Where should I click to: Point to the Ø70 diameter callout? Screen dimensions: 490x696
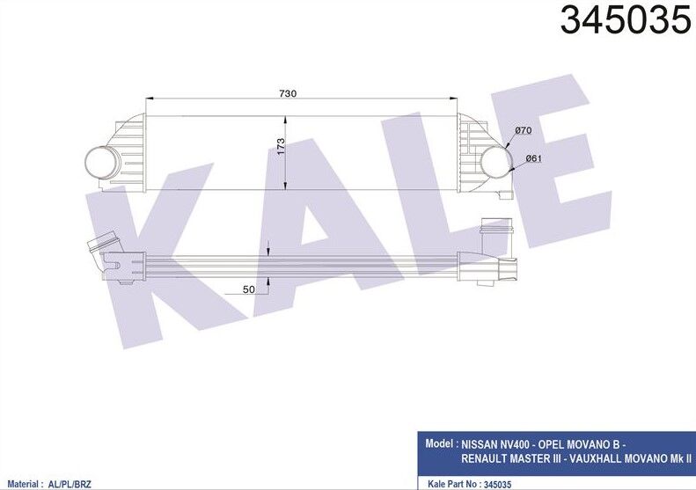tap(524, 131)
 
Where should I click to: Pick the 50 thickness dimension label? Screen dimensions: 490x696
tap(249, 288)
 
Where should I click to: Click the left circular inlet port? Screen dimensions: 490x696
tap(102, 162)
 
